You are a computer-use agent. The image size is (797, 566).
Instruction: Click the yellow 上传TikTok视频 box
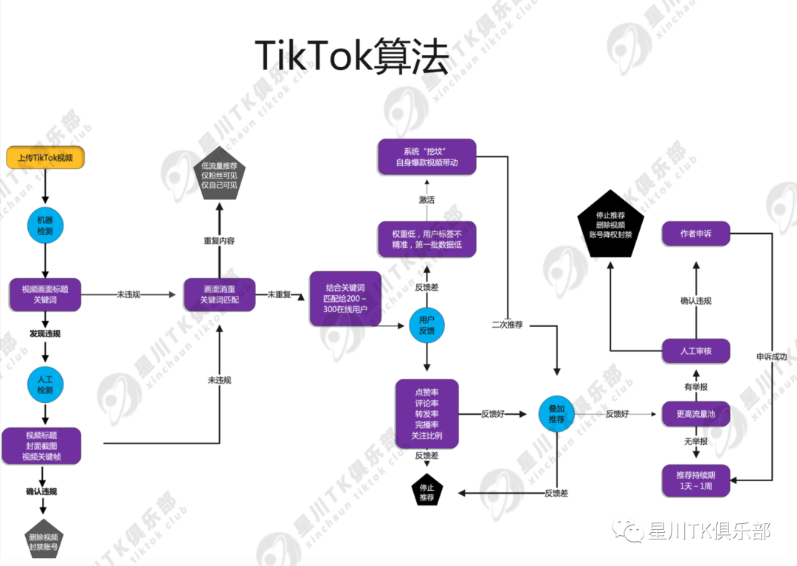45,157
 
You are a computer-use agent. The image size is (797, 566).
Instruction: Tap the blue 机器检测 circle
45,226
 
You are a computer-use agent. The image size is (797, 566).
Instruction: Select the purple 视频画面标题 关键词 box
44,294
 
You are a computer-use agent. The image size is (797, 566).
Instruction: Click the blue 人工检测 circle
45,384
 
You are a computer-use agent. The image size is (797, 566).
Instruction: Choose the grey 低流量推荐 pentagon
219,176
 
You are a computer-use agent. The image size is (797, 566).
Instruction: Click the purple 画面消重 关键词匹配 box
219,294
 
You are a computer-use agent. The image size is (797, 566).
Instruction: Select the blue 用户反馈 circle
427,325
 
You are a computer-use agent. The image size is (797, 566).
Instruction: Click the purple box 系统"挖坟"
427,156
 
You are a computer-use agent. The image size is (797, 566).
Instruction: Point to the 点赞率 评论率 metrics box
427,414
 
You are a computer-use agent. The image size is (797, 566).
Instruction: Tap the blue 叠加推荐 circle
556,413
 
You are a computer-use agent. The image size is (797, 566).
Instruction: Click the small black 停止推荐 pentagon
427,492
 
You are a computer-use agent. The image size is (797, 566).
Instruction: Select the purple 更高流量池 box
695,414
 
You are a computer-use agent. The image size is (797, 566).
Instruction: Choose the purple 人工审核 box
695,351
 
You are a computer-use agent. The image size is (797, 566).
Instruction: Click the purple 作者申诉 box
695,234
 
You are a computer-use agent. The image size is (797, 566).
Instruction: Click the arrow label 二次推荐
507,325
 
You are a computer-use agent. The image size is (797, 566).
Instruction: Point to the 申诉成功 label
771,357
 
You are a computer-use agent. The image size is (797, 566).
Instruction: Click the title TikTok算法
352,57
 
